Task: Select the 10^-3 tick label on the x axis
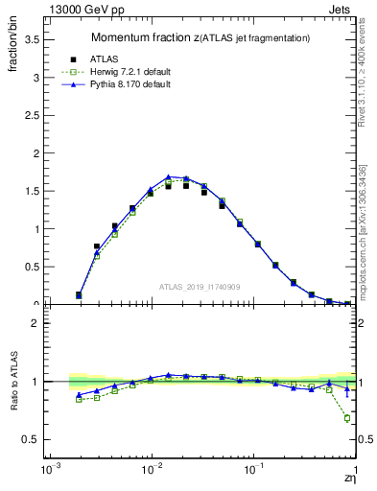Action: pyautogui.click(x=48, y=473)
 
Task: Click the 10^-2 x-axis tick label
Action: pyautogui.click(x=151, y=473)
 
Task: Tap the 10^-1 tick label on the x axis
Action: pyautogui.click(x=253, y=473)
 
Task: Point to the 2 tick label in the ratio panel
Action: pyautogui.click(x=34, y=323)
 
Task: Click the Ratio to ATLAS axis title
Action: pyautogui.click(x=13, y=382)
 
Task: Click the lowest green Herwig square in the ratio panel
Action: pyautogui.click(x=347, y=418)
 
